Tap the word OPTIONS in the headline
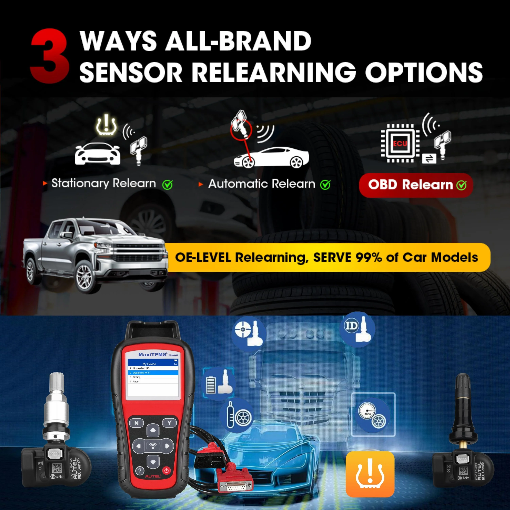[x=424, y=72]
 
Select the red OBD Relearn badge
[x=416, y=185]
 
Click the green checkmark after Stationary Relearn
[x=167, y=185]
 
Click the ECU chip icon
[x=400, y=143]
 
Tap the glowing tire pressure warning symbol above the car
[x=106, y=125]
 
